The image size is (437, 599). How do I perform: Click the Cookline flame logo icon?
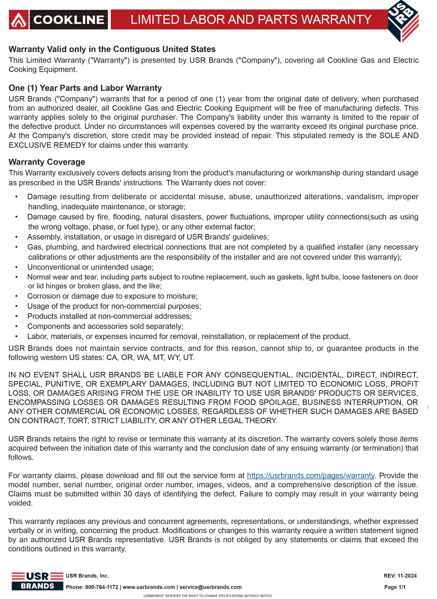point(18,20)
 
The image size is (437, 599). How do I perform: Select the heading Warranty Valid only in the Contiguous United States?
point(112,49)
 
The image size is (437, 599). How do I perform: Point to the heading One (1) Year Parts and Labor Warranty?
point(85,88)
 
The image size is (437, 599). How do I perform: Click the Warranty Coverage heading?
point(47,162)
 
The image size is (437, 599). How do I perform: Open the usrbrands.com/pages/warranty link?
point(311,476)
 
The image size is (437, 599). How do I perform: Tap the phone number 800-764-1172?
point(102,587)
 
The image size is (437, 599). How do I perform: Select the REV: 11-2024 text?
point(400,576)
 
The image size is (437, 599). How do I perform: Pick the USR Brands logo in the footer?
point(37,581)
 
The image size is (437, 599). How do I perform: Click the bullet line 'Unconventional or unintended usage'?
point(90,267)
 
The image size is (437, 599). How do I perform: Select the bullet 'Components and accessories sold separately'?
point(105,326)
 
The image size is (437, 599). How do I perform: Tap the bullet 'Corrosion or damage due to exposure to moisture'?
point(112,296)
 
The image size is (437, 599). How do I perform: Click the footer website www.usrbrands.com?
point(149,587)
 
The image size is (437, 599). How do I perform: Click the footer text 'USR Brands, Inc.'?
point(87,576)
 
